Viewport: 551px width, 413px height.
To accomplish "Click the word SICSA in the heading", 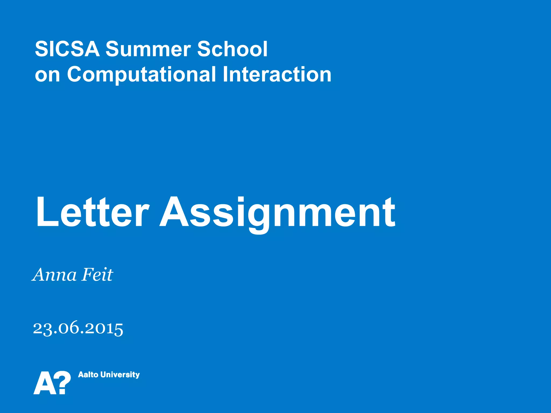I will coord(67,49).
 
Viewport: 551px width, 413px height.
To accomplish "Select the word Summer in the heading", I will coord(148,49).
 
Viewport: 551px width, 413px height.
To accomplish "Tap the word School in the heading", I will coord(232,49).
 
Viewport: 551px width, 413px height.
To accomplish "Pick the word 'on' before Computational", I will coord(47,75).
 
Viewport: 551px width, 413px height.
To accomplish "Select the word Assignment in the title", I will coord(277,212).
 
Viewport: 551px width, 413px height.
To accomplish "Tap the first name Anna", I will coord(55,275).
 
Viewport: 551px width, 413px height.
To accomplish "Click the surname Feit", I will coord(97,275).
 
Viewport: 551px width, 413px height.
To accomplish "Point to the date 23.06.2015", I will coord(78,328).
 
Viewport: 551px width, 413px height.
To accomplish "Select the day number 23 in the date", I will coord(43,328).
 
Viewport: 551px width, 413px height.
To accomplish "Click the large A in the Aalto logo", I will coord(44,383).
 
